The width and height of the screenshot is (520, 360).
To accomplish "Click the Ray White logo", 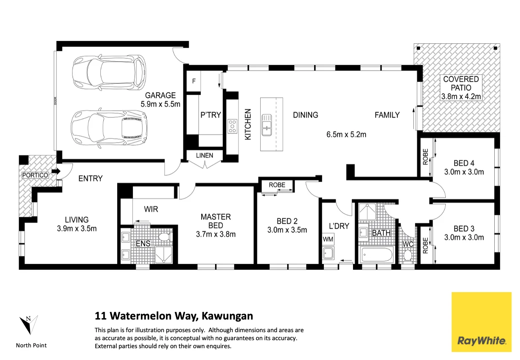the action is point(482,322).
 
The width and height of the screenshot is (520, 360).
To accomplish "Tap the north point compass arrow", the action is point(28,325).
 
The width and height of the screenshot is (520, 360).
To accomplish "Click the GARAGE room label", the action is point(160,95).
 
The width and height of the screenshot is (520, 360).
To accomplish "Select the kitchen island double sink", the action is point(267,125).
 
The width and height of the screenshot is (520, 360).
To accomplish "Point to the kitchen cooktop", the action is point(232,126).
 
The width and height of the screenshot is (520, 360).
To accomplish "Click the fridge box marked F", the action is point(194,81).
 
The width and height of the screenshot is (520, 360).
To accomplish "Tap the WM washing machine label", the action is point(328,239).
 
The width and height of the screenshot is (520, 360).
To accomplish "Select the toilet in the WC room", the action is point(407,256).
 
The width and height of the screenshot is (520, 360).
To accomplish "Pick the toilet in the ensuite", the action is point(165,237).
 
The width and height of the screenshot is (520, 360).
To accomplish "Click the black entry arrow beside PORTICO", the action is point(56,172).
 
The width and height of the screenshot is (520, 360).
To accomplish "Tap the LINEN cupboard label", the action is point(205,155).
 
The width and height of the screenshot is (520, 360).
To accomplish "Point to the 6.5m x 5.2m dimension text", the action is point(346,134).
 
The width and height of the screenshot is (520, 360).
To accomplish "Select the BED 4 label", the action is point(464,163).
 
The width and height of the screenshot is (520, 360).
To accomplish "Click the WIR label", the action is point(151,209).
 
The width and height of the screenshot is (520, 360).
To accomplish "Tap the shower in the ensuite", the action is point(164,255).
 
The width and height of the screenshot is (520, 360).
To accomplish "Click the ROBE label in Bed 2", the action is point(277,185).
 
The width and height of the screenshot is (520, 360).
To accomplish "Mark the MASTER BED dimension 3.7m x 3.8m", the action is point(216,234).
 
